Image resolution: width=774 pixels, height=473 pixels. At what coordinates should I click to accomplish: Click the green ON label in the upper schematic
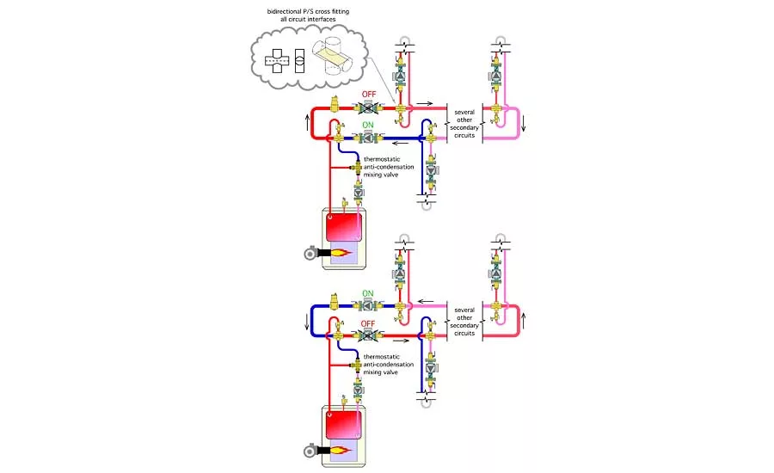(x=368, y=125)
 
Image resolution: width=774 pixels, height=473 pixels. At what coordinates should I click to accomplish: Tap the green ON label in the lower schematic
(x=368, y=293)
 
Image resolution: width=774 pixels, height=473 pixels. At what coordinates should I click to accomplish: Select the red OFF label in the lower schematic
(x=368, y=323)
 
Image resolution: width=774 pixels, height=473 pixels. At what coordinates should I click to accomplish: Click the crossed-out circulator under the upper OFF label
(x=368, y=108)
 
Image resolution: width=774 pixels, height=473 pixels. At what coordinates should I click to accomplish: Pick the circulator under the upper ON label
(x=368, y=138)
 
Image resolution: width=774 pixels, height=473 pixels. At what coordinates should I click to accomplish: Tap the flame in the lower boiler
(x=342, y=450)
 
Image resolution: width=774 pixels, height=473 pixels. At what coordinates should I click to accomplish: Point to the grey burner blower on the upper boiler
(x=310, y=254)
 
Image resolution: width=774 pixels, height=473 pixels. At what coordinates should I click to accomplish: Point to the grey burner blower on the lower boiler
(x=310, y=450)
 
